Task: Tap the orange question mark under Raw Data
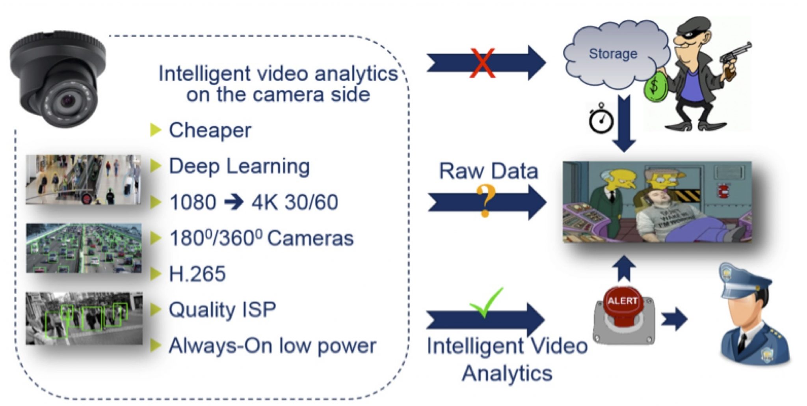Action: click(485, 200)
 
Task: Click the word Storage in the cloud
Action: click(613, 54)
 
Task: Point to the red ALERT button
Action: click(623, 305)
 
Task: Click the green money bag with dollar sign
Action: click(655, 87)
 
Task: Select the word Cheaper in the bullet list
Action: click(210, 130)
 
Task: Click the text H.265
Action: click(197, 274)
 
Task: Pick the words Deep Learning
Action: click(239, 166)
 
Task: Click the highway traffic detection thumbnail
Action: click(84, 248)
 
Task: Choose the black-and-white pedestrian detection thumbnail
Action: click(84, 318)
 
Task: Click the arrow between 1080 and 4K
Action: click(234, 202)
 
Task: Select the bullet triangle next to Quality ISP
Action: click(156, 309)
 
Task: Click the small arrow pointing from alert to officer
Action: click(674, 318)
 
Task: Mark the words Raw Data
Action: click(488, 171)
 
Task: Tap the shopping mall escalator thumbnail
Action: click(83, 179)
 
